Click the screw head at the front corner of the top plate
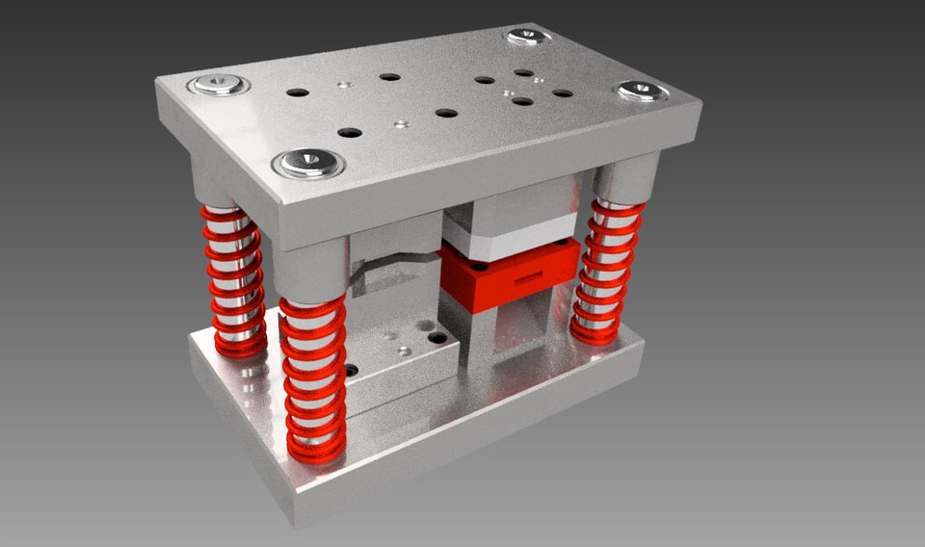[x=308, y=163]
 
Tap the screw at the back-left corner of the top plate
[x=219, y=85]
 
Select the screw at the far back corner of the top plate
[x=527, y=38]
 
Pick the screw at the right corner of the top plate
[x=642, y=91]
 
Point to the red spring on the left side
[x=233, y=279]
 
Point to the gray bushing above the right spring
[x=625, y=179]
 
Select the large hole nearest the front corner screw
[x=351, y=132]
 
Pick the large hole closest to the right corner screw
[x=562, y=93]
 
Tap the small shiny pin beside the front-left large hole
[x=402, y=124]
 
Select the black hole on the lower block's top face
[x=437, y=338]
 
